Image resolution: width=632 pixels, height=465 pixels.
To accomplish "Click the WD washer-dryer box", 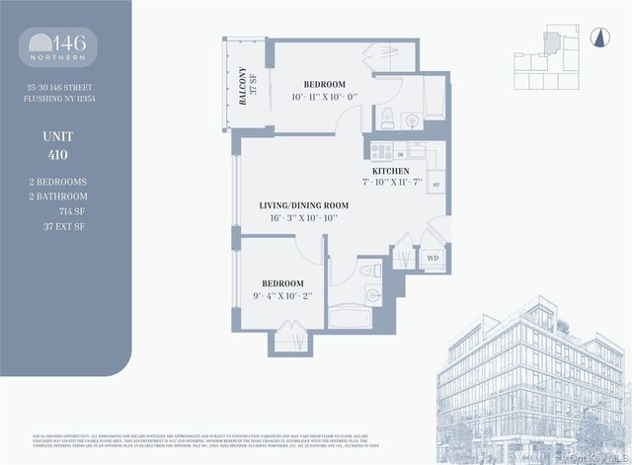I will [432, 259].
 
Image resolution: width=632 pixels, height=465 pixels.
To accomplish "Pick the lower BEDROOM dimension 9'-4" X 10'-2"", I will [282, 294].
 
